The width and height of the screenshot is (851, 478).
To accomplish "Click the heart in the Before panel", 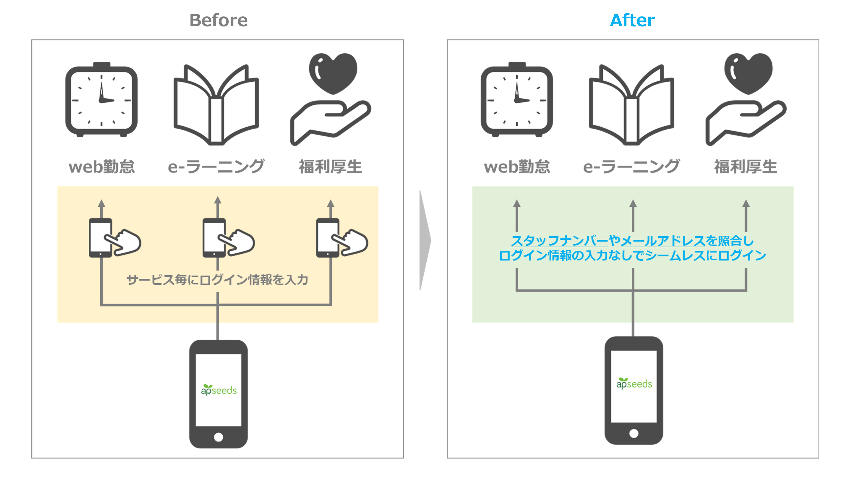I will point(333,73).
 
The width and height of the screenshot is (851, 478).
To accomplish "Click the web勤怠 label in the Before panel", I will point(102,167).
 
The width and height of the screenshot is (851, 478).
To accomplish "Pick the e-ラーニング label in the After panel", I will point(631,167).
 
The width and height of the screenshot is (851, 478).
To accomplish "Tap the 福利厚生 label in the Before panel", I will point(330,167).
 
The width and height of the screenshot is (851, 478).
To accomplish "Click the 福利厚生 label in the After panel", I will point(746,167).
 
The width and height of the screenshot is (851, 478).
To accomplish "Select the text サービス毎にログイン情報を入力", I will point(217,280).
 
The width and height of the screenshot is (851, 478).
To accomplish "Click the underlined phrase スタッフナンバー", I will point(559,241).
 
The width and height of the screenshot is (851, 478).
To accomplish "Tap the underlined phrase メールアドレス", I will point(663,241).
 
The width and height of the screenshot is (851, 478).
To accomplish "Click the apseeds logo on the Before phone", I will point(219,390).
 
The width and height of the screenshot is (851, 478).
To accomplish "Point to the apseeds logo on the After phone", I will point(634,384).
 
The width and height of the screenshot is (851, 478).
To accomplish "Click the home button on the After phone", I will point(634,433).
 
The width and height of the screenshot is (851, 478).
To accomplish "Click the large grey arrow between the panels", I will point(425,240).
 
